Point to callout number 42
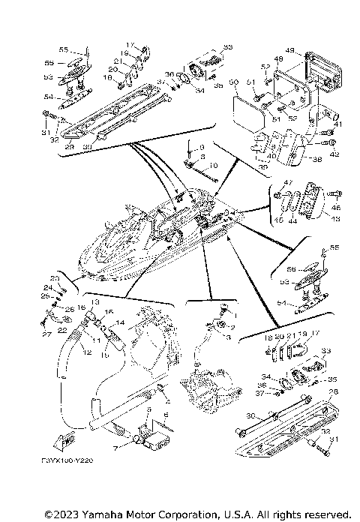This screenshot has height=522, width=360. pyautogui.click(x=334, y=155)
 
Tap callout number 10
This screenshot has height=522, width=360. pyautogui.click(x=213, y=164)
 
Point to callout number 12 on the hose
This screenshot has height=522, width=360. pyautogui.click(x=88, y=352)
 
